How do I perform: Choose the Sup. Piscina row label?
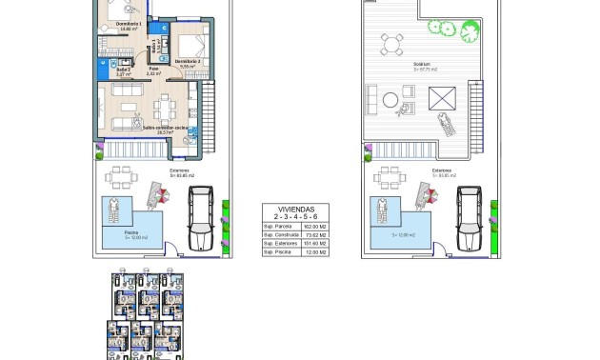click(x=278, y=251)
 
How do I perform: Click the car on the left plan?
click(x=202, y=214)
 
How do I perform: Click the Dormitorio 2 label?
click(x=188, y=61)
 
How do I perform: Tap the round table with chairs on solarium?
click(x=390, y=43)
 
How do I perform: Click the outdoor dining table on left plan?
click(x=120, y=179)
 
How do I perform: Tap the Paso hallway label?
click(x=151, y=69)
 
